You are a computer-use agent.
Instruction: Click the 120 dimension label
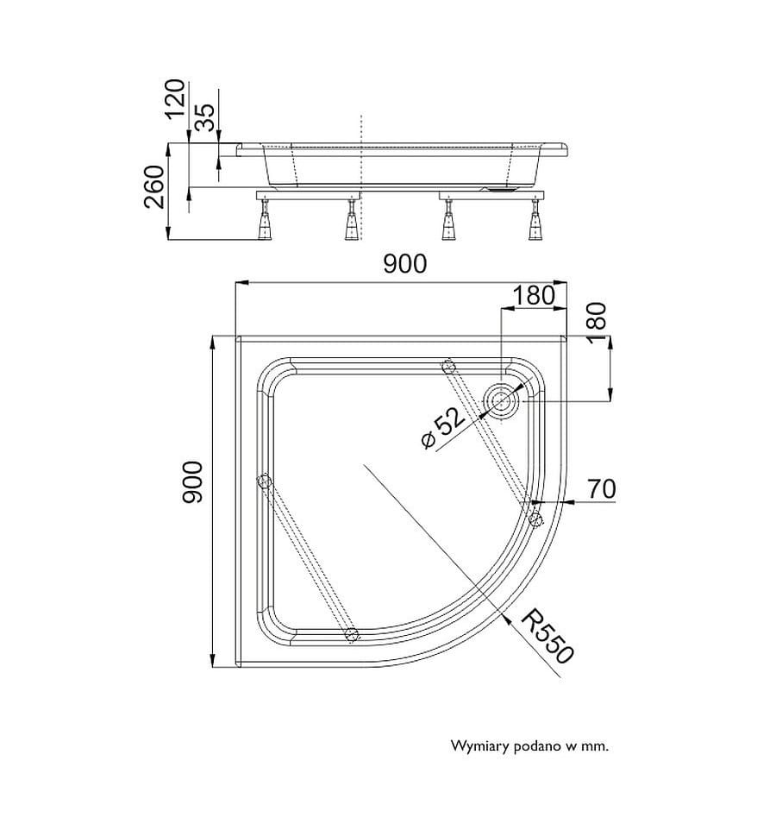(175, 99)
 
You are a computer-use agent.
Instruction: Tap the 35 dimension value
(204, 116)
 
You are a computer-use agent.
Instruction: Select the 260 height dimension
(155, 186)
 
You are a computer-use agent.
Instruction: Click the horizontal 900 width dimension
(404, 264)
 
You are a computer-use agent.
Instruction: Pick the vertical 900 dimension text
(192, 482)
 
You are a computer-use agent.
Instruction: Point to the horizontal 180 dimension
(534, 295)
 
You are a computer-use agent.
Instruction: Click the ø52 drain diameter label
(443, 428)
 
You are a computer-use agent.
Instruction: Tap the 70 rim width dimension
(602, 488)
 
